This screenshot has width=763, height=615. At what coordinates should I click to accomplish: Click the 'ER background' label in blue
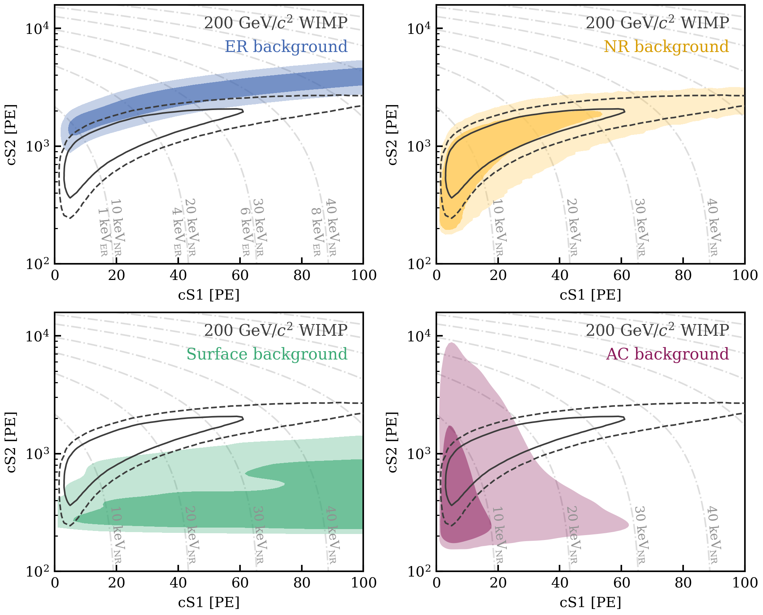(286, 47)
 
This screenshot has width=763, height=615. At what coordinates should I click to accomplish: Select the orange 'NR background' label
(666, 47)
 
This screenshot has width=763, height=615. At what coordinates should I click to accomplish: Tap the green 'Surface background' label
(267, 354)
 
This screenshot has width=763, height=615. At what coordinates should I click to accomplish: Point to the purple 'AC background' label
(667, 354)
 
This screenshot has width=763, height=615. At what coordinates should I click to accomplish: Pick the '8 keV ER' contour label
(317, 232)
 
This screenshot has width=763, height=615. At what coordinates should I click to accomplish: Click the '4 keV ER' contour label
(177, 232)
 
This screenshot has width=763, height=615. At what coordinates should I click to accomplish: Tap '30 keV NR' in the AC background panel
(641, 534)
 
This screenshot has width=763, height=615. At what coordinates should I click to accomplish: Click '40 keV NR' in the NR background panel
(713, 227)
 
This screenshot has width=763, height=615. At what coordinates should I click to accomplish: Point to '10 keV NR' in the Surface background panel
(117, 534)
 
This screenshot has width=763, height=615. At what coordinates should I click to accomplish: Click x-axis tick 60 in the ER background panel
(240, 276)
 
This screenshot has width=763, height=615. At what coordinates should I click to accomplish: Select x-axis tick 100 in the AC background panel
(745, 583)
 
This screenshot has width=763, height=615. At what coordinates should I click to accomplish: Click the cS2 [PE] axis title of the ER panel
(11, 135)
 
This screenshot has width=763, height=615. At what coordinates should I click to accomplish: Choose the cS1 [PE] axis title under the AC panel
(590, 603)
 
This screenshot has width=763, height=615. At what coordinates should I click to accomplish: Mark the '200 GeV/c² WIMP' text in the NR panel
(657, 23)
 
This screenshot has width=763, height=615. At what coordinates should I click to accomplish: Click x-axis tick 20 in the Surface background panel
(116, 583)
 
